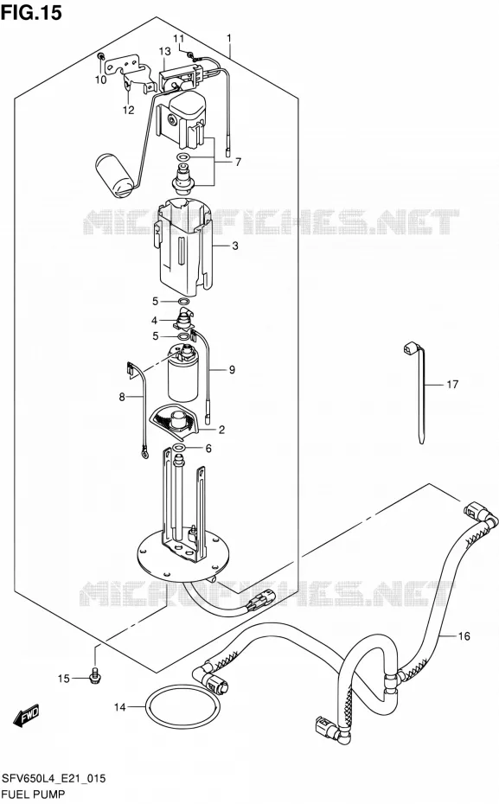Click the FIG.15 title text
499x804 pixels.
point(31,12)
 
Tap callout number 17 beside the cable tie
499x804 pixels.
point(451,384)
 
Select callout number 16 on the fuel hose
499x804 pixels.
point(464,635)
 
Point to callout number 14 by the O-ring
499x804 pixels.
point(119,707)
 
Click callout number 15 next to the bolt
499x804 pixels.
point(63,679)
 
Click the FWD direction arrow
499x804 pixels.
point(26,716)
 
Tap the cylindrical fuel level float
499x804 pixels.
point(115,175)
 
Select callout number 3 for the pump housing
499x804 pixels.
point(235,246)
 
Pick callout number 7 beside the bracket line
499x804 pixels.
point(238,162)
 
